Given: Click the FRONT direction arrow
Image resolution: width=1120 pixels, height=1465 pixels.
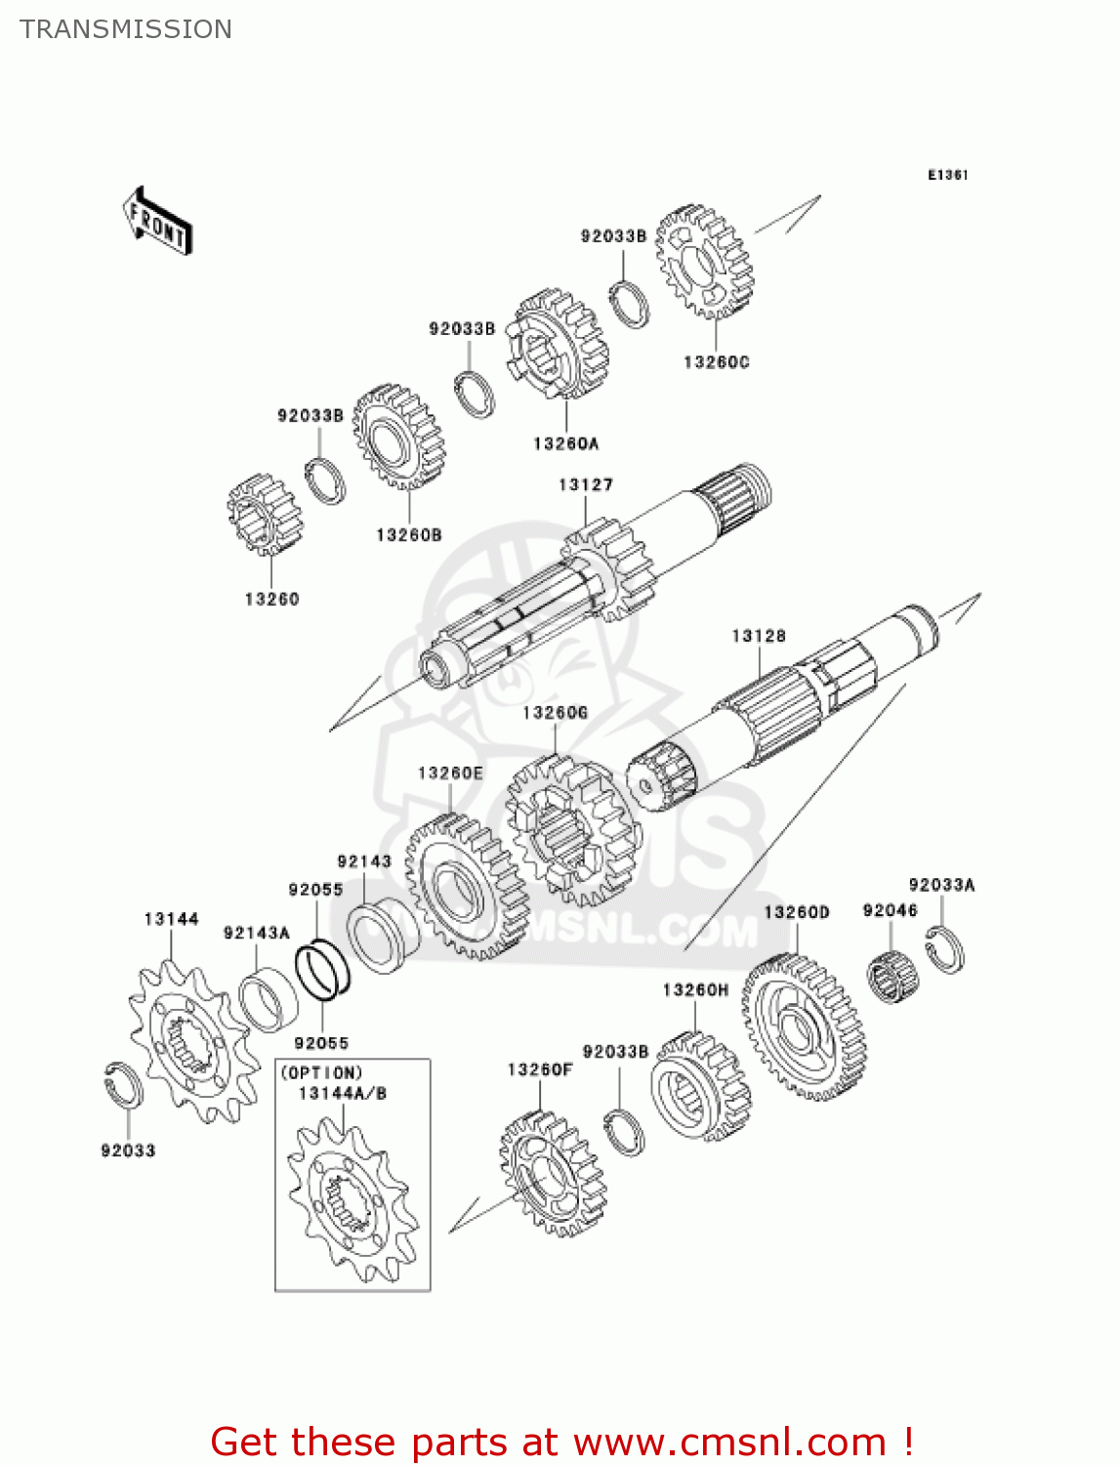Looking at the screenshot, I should (x=156, y=222).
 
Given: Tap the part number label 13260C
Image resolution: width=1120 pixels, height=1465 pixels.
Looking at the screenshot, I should (x=716, y=362).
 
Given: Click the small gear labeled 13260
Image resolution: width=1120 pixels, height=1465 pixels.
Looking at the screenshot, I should (x=265, y=514).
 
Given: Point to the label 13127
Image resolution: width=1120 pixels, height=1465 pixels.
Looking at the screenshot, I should (x=585, y=484).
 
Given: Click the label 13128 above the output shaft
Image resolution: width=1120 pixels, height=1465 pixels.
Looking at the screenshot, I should (x=759, y=636).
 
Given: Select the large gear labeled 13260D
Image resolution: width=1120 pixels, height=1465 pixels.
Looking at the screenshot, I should (x=804, y=1026).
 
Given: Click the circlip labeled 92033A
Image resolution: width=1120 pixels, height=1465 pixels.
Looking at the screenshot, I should (x=944, y=948).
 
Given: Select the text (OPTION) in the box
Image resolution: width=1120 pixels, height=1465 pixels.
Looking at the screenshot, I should (x=322, y=1072).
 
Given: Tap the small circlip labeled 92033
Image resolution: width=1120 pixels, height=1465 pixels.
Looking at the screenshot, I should (x=123, y=1084).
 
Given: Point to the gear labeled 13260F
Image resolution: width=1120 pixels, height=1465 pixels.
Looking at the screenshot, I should (x=553, y=1174).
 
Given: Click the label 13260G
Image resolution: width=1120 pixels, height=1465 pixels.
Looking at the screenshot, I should (x=555, y=713).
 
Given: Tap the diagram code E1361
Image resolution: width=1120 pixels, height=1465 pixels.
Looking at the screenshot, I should (x=947, y=175).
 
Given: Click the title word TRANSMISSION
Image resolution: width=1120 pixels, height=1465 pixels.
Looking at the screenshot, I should (x=126, y=29).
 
